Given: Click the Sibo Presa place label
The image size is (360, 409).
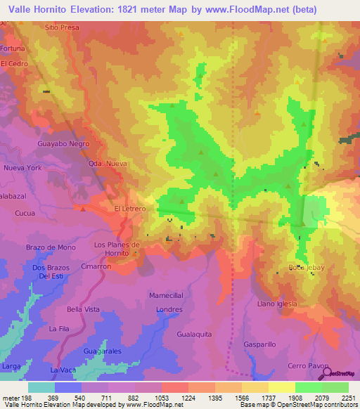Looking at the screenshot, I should [x=61, y=27].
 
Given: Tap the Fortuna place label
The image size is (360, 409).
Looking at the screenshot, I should [x=13, y=48].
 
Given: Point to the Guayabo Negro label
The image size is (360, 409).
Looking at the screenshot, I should [x=63, y=143].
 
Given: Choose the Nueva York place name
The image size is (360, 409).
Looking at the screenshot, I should [x=24, y=169].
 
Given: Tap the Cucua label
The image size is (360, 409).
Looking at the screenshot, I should [x=25, y=212].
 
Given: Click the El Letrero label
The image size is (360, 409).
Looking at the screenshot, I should [x=129, y=209].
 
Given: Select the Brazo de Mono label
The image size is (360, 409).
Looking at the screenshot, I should [x=51, y=247].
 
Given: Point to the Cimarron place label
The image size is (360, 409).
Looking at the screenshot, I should [x=96, y=267].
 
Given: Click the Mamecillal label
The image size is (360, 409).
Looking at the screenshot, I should [x=166, y=296].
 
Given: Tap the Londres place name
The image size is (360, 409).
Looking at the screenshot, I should [x=169, y=309].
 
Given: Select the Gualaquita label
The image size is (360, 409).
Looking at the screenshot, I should [x=195, y=335].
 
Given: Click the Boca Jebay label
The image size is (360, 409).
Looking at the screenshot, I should [x=304, y=268].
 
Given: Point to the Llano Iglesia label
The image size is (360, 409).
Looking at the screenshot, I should [x=277, y=304].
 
